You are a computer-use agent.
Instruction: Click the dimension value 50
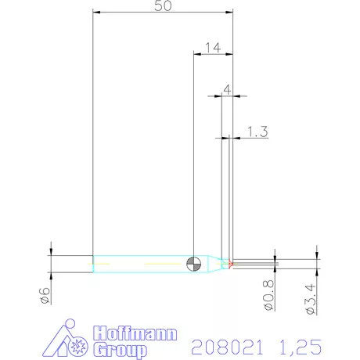(x=164, y=5)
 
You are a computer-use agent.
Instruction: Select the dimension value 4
(x=226, y=90)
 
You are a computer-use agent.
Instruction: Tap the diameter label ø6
(x=45, y=295)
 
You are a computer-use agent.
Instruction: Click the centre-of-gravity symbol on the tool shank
(x=194, y=262)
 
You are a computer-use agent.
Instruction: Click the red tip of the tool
(x=232, y=262)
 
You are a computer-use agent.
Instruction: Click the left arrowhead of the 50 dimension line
(x=95, y=12)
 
